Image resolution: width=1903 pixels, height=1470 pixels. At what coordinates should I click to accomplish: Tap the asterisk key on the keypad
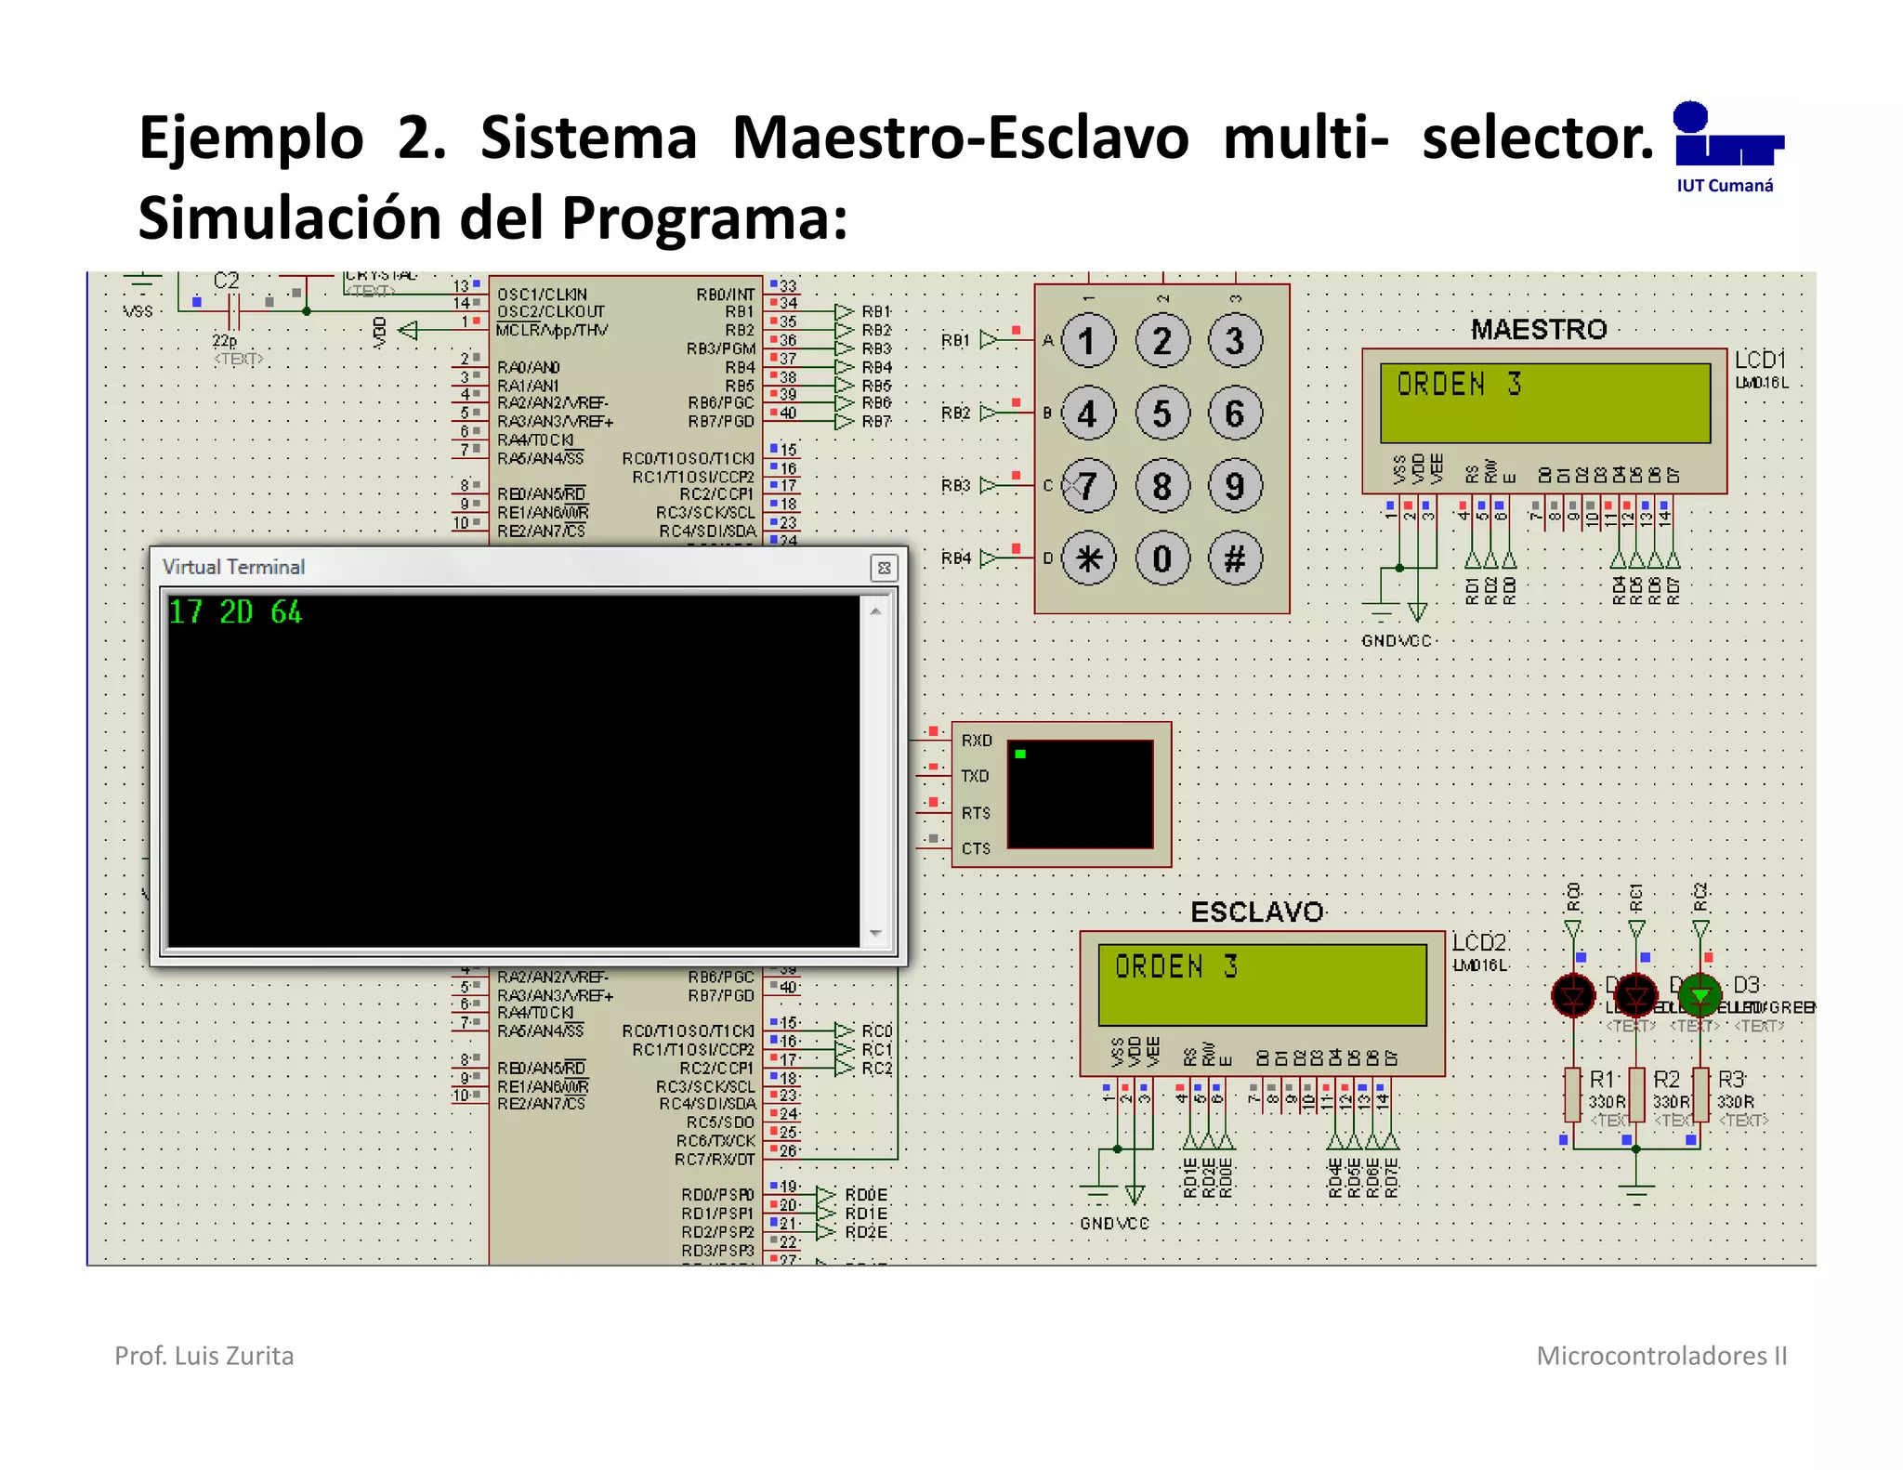pos(1088,558)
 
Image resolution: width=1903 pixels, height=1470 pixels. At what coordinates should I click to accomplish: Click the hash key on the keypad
pos(1235,558)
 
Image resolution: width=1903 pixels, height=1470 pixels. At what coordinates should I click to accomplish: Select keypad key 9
pos(1235,486)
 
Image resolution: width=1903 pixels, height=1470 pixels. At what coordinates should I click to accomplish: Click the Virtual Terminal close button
pos(884,568)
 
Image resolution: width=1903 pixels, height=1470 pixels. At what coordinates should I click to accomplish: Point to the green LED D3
pos(1700,995)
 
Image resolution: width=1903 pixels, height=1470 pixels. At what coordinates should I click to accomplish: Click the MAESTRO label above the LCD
pos(1538,329)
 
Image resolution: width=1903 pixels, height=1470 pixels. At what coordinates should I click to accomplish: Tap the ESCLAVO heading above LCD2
pos(1256,912)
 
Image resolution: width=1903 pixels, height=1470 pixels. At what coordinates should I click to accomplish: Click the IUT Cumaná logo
pos(1726,147)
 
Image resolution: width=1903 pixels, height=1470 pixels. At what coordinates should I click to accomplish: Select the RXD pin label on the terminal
pos(976,741)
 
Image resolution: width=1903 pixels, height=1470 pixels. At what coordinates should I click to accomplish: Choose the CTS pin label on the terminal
pos(976,848)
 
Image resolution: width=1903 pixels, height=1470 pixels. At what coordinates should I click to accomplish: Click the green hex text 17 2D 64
pos(235,612)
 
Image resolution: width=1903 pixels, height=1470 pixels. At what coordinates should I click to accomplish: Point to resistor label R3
pos(1730,1079)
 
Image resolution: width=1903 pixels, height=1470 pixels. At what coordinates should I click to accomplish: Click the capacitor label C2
pos(226,281)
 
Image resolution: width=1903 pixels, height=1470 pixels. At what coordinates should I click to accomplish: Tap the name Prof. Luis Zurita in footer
pos(204,1356)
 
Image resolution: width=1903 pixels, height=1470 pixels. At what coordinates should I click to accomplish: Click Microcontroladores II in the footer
pos(1661,1356)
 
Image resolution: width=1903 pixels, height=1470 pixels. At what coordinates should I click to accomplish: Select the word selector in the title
pos(1538,138)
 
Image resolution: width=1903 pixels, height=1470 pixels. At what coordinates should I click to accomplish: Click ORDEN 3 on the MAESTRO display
pos(1459,384)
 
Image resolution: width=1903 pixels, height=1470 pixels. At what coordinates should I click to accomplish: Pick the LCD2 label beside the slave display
pos(1478,942)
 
